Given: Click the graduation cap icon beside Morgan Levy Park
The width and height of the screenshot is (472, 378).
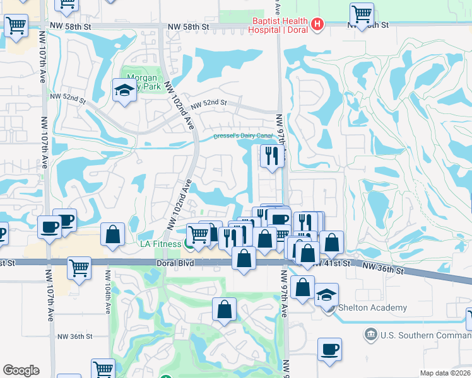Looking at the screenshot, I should (124, 90).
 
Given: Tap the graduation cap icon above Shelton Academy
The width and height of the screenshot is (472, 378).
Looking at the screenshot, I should (326, 294).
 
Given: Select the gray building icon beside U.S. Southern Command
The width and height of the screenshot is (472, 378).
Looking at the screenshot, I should (370, 332).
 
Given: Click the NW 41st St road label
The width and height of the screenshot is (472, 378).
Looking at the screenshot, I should (332, 263).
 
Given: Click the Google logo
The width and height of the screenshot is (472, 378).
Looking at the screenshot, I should (21, 370).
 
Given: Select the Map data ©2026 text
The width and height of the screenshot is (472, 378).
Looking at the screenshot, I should (445, 373).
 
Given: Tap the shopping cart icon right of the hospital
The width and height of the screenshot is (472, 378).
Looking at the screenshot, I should (362, 14).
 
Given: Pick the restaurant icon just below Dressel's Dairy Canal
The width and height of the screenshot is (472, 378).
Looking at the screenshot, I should (272, 156).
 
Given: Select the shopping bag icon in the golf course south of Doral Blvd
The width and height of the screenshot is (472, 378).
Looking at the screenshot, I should (224, 309).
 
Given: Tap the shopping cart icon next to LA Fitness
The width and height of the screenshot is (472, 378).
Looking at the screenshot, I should (199, 234).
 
